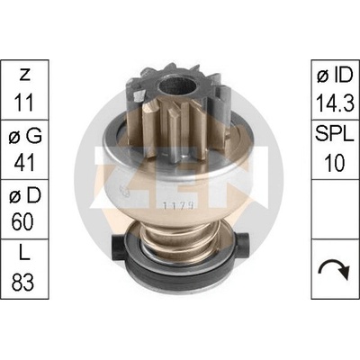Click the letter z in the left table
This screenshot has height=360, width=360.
(x=24, y=76)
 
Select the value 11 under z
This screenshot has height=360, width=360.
(x=23, y=103)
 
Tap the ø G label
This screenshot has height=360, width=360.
(x=25, y=137)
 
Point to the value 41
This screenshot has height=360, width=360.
(x=24, y=163)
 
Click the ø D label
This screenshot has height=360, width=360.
(x=25, y=196)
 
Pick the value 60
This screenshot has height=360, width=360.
(x=24, y=221)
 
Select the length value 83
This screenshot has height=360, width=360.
(x=24, y=282)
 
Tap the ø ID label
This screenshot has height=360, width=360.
(x=335, y=76)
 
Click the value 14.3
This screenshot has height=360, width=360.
(x=335, y=103)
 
